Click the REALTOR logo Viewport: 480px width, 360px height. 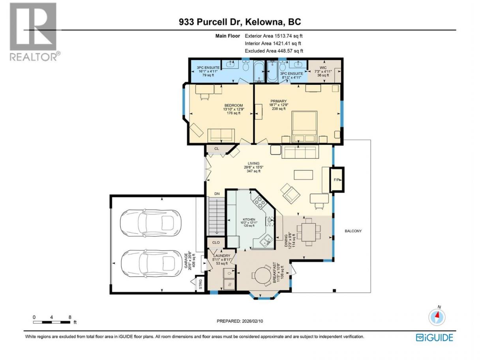coord(34,32)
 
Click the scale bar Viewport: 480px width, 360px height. coord(52,322)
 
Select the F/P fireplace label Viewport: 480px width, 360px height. coord(337,180)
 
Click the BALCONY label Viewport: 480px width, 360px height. coord(353,231)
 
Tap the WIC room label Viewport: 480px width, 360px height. coord(323,68)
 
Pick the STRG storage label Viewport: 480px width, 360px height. coord(200,284)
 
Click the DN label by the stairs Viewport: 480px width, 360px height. coord(217,194)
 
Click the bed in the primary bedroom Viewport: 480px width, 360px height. coord(305,127)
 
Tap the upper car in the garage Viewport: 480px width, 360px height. coord(150,223)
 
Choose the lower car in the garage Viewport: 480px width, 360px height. coord(151,264)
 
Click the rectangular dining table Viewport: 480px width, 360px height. coord(309,232)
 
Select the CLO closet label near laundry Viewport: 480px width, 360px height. coord(216,242)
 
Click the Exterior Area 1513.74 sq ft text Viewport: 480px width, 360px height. coord(274,36)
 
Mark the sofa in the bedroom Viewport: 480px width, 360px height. coord(221,135)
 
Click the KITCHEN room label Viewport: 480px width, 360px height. coord(249,219)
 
